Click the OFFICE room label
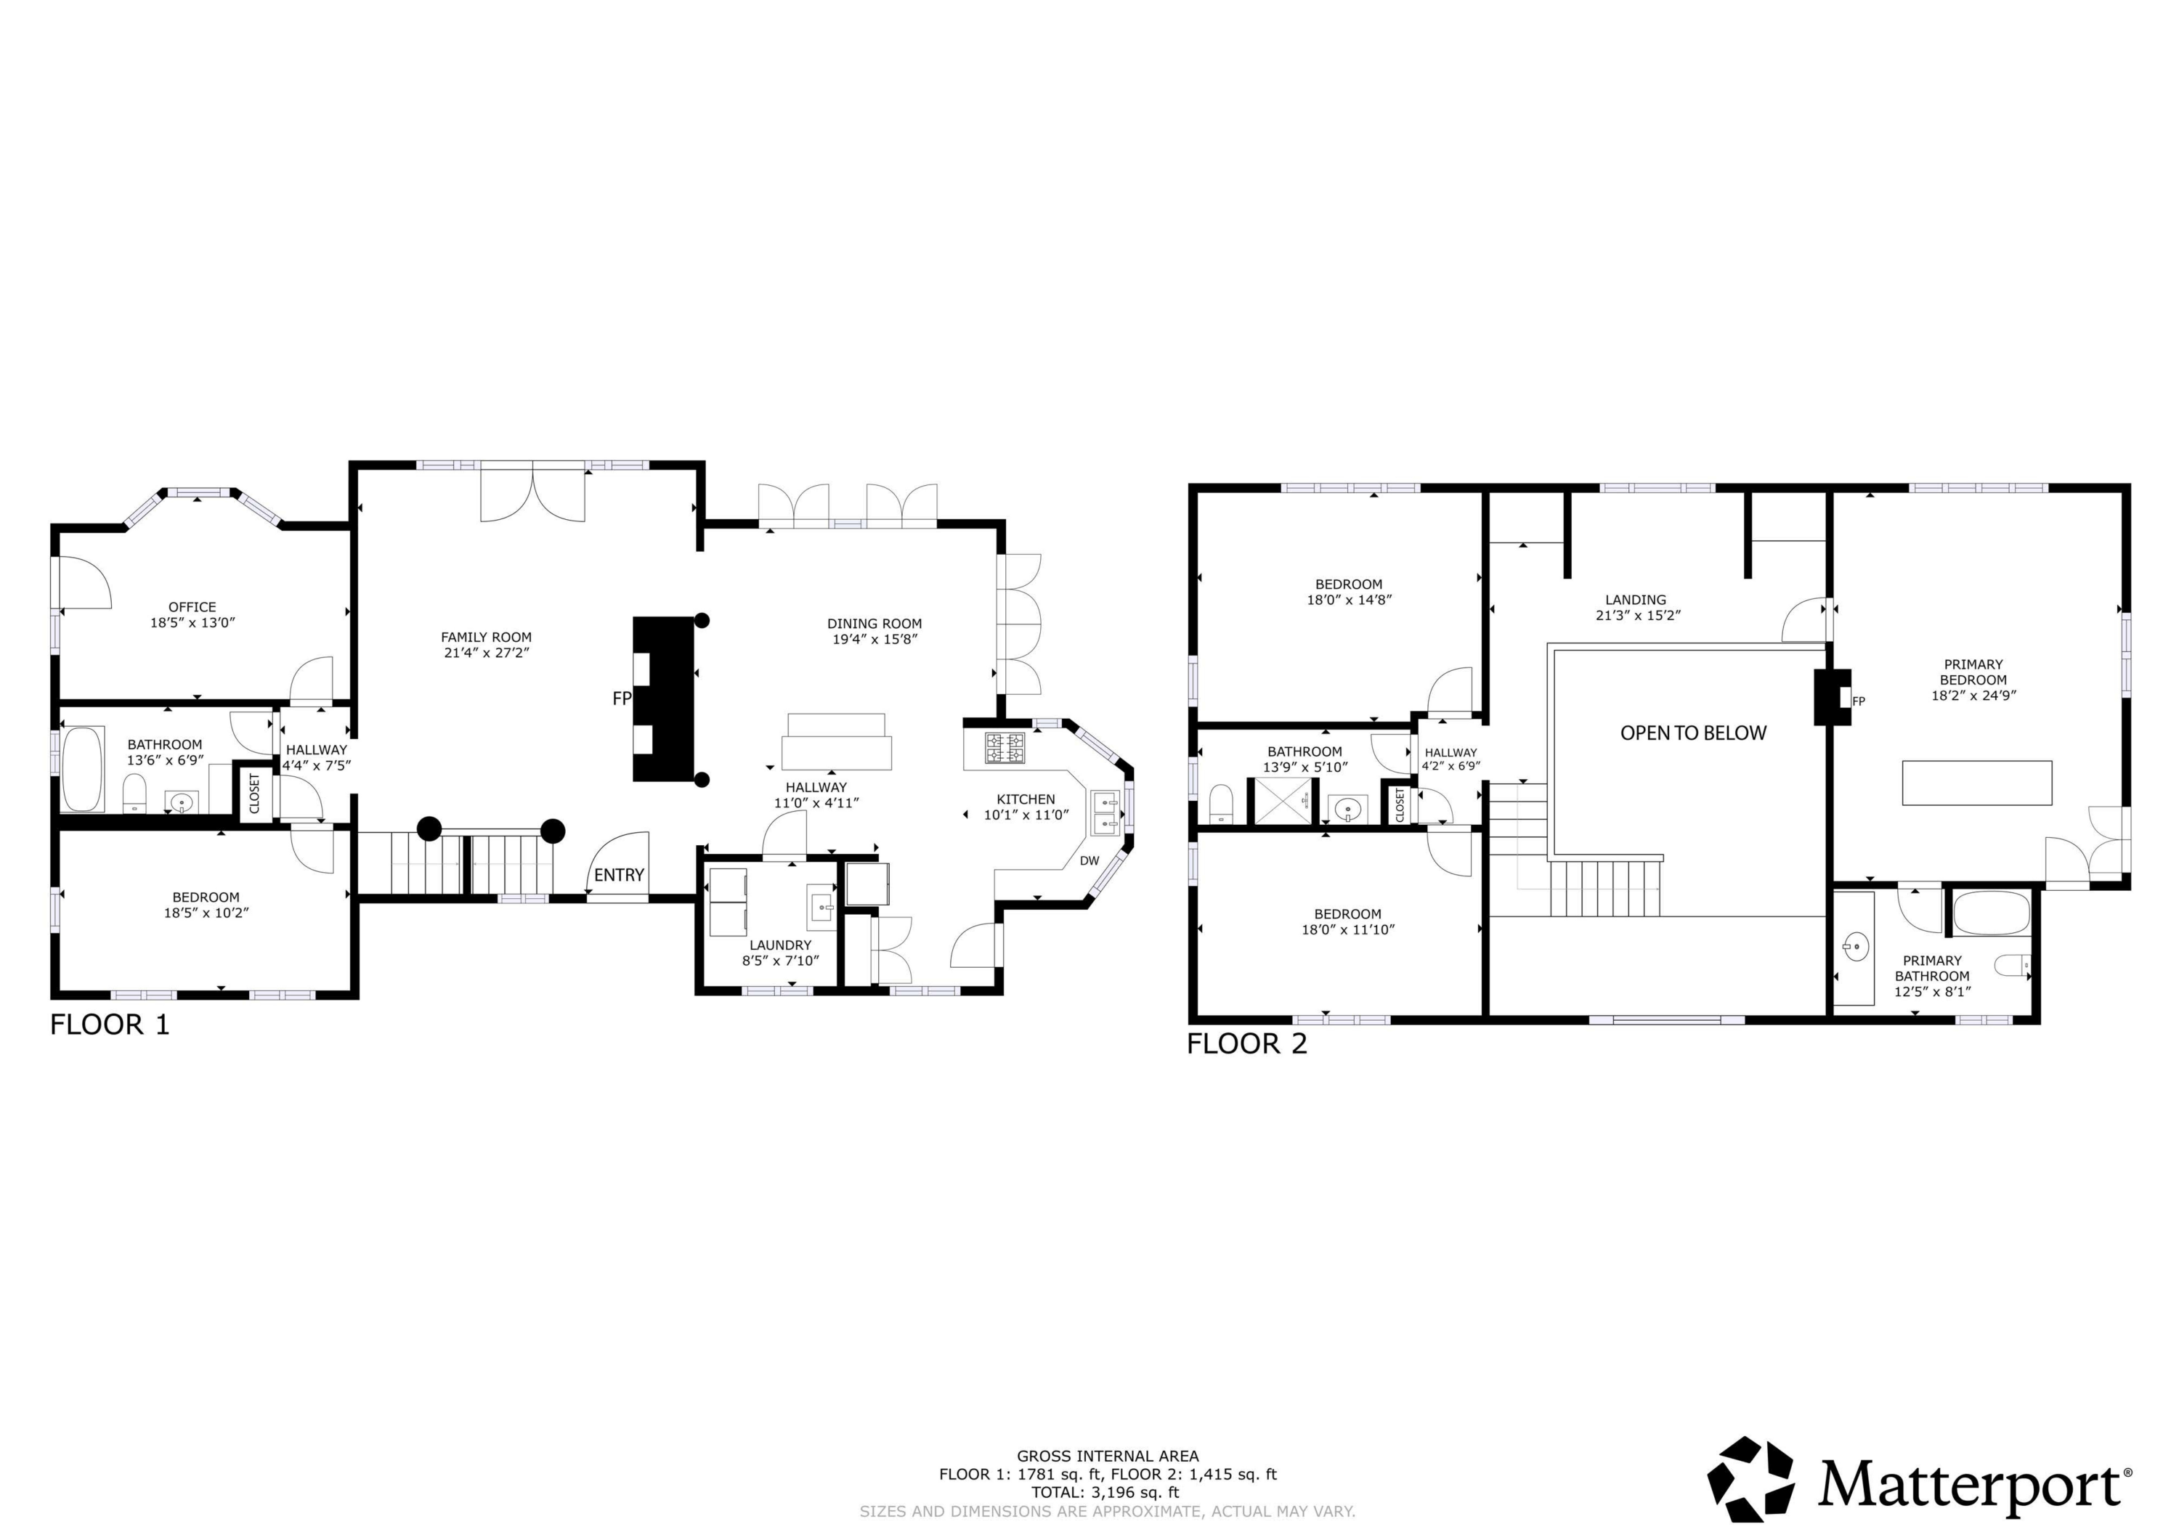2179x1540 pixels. [192, 607]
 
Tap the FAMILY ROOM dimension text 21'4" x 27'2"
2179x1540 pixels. [486, 653]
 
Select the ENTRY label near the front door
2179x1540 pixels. [619, 875]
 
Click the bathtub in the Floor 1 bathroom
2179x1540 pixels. [83, 769]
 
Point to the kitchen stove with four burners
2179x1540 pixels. [1004, 748]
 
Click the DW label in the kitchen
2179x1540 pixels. [1089, 860]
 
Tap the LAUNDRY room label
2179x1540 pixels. [780, 945]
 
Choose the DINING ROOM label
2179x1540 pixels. [874, 624]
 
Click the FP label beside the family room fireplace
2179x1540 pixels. [622, 698]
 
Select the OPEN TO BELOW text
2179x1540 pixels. [1693, 733]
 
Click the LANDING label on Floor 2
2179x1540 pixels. [1635, 600]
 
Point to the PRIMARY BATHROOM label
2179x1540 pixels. [1932, 968]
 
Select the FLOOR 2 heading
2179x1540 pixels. [1246, 1044]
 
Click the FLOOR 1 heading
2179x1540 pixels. [109, 1024]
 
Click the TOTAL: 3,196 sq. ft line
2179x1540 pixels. [1107, 1491]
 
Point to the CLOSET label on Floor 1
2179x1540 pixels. [254, 794]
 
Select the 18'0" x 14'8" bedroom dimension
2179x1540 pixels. [1349, 600]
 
